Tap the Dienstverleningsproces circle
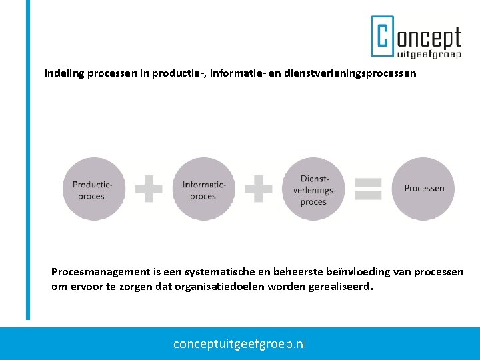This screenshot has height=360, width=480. [x=313, y=189]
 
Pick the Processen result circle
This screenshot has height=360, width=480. [x=423, y=189]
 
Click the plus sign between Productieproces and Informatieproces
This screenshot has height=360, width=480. [x=148, y=189]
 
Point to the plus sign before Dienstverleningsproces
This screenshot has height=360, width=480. [x=258, y=189]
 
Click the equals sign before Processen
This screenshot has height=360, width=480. [x=368, y=189]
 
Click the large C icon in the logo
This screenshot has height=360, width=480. [x=383, y=37]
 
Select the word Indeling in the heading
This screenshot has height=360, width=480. [x=64, y=73]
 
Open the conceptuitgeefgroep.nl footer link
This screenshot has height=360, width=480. [x=240, y=344]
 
